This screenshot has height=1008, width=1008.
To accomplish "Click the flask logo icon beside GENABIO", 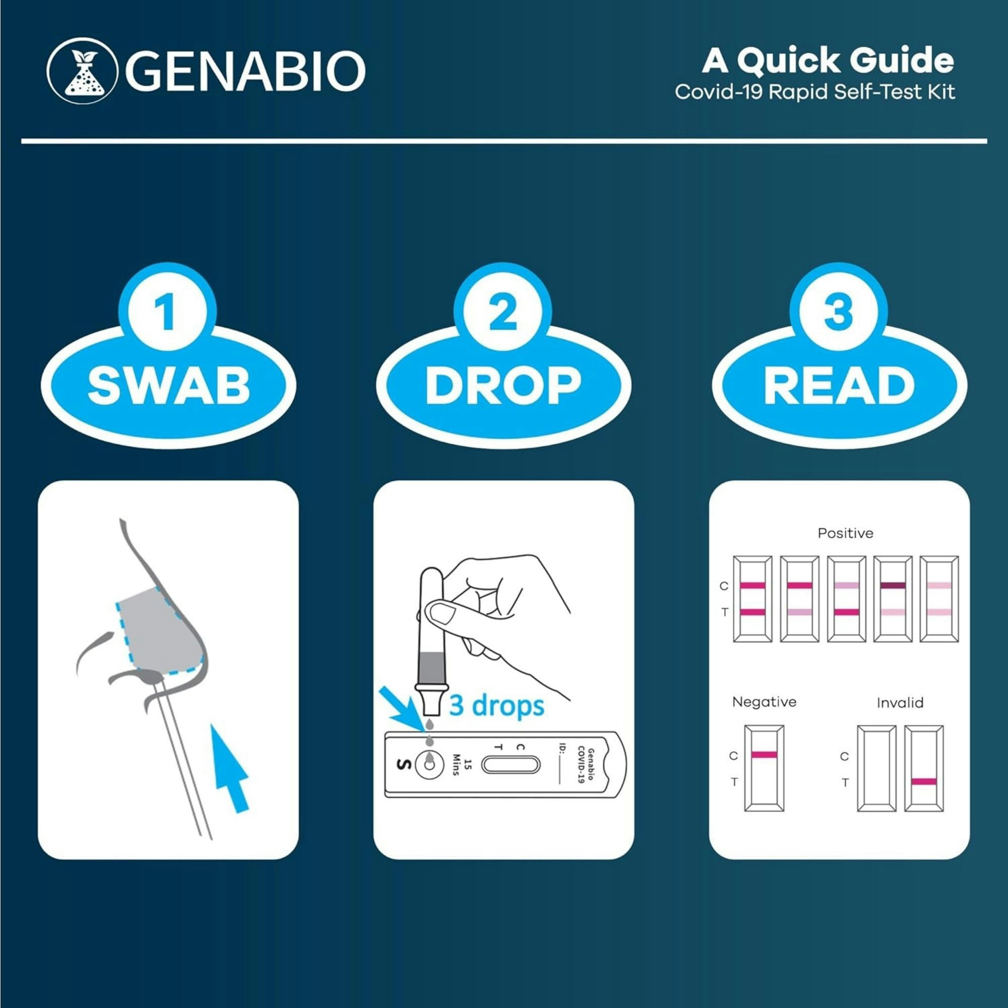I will point(81,70).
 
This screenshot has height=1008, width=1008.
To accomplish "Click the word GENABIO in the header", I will point(245,70).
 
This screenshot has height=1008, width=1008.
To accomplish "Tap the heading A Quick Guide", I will point(828,61).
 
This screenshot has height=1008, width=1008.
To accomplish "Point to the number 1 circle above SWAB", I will point(167,311).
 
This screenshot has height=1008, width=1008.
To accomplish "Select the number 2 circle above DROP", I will point(503,311).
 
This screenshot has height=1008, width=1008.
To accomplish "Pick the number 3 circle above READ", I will point(839,311).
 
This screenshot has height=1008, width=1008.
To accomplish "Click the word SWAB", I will point(168,386).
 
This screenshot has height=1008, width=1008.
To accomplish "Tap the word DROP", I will point(503,386).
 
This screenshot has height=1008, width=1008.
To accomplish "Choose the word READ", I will point(839,386).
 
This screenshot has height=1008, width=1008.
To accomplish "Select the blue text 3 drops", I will point(496,706).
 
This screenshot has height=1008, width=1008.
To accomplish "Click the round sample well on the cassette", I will point(429,765).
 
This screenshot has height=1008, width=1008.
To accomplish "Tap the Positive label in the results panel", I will point(845,533).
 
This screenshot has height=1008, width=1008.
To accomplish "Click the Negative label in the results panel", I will point(765,702).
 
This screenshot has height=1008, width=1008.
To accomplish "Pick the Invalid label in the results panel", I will point(900,703).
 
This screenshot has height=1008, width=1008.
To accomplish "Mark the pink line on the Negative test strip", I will point(764,754).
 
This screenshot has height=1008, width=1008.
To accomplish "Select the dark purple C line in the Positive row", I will point(893,585).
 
